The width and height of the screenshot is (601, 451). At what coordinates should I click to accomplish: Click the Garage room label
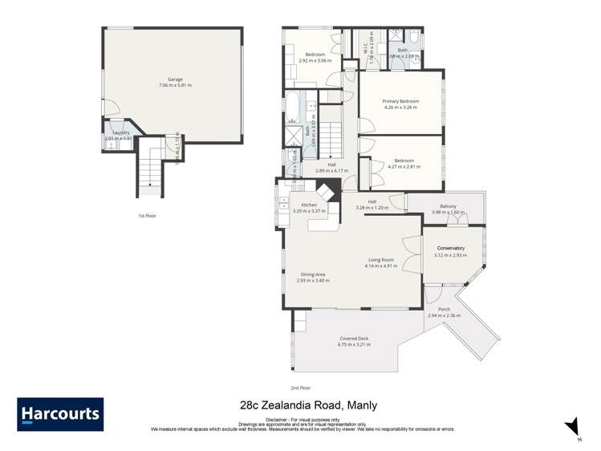tap(175, 79)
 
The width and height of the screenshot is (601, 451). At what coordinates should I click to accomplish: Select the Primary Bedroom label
tap(401, 102)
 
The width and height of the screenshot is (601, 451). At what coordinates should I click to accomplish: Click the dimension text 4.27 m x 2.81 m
tap(404, 167)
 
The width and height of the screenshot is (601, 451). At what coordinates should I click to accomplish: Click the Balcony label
tap(449, 206)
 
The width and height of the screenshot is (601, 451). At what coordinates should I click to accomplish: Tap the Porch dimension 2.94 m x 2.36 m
tap(444, 315)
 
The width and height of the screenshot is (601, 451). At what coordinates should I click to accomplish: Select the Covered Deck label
tap(354, 339)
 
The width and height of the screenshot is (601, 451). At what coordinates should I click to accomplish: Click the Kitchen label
tap(309, 205)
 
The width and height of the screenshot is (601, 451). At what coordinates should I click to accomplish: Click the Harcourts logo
tap(60, 415)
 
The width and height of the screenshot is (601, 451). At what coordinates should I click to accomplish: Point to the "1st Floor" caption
tap(146, 216)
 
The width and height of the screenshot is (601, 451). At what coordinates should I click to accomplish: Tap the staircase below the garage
tap(150, 169)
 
